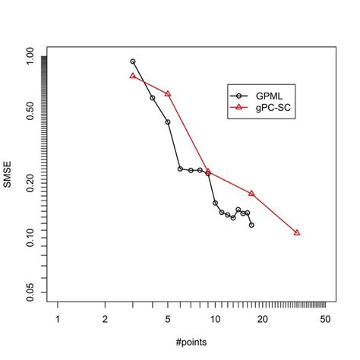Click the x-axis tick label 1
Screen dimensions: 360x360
click(57, 319)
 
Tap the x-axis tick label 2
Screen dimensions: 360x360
click(105, 319)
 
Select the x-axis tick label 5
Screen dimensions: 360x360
click(168, 319)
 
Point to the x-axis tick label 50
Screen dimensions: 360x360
click(325, 319)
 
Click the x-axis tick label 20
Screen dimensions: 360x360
click(263, 319)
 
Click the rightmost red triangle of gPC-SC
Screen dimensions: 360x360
click(297, 232)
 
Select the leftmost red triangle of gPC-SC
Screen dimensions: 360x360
click(133, 76)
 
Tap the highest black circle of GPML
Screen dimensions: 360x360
click(133, 62)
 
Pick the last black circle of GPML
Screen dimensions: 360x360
click(251, 225)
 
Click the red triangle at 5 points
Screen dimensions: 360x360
click(168, 93)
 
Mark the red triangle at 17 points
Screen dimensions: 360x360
click(251, 194)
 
